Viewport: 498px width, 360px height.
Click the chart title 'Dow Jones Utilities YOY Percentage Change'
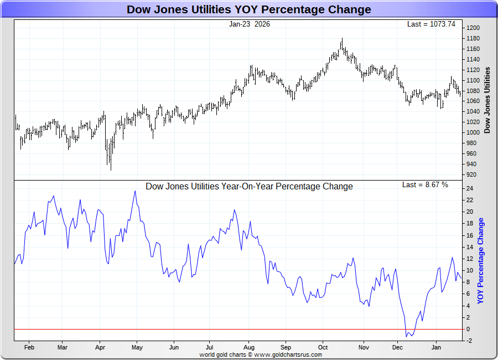coord(248,9)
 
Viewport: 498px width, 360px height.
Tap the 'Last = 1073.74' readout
coord(431,24)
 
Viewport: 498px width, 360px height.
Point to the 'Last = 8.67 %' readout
coord(425,184)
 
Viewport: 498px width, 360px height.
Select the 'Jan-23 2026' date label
coord(250,24)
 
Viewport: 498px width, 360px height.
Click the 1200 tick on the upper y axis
coord(473,28)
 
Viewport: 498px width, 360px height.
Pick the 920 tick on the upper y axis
coord(471,174)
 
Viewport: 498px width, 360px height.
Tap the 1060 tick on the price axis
coord(473,101)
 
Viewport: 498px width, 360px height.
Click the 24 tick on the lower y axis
coord(470,188)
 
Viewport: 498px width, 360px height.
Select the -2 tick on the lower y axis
coord(470,341)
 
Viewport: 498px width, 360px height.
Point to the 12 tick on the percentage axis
coord(470,259)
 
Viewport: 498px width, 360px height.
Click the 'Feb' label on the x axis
coord(29,348)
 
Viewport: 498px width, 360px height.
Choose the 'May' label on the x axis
coord(137,348)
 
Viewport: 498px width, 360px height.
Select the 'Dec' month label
coord(397,348)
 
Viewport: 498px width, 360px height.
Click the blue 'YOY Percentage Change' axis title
coord(480,261)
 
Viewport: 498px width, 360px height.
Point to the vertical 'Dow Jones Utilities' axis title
coord(487,100)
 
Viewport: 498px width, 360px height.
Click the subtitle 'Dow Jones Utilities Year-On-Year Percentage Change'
coord(249,187)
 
